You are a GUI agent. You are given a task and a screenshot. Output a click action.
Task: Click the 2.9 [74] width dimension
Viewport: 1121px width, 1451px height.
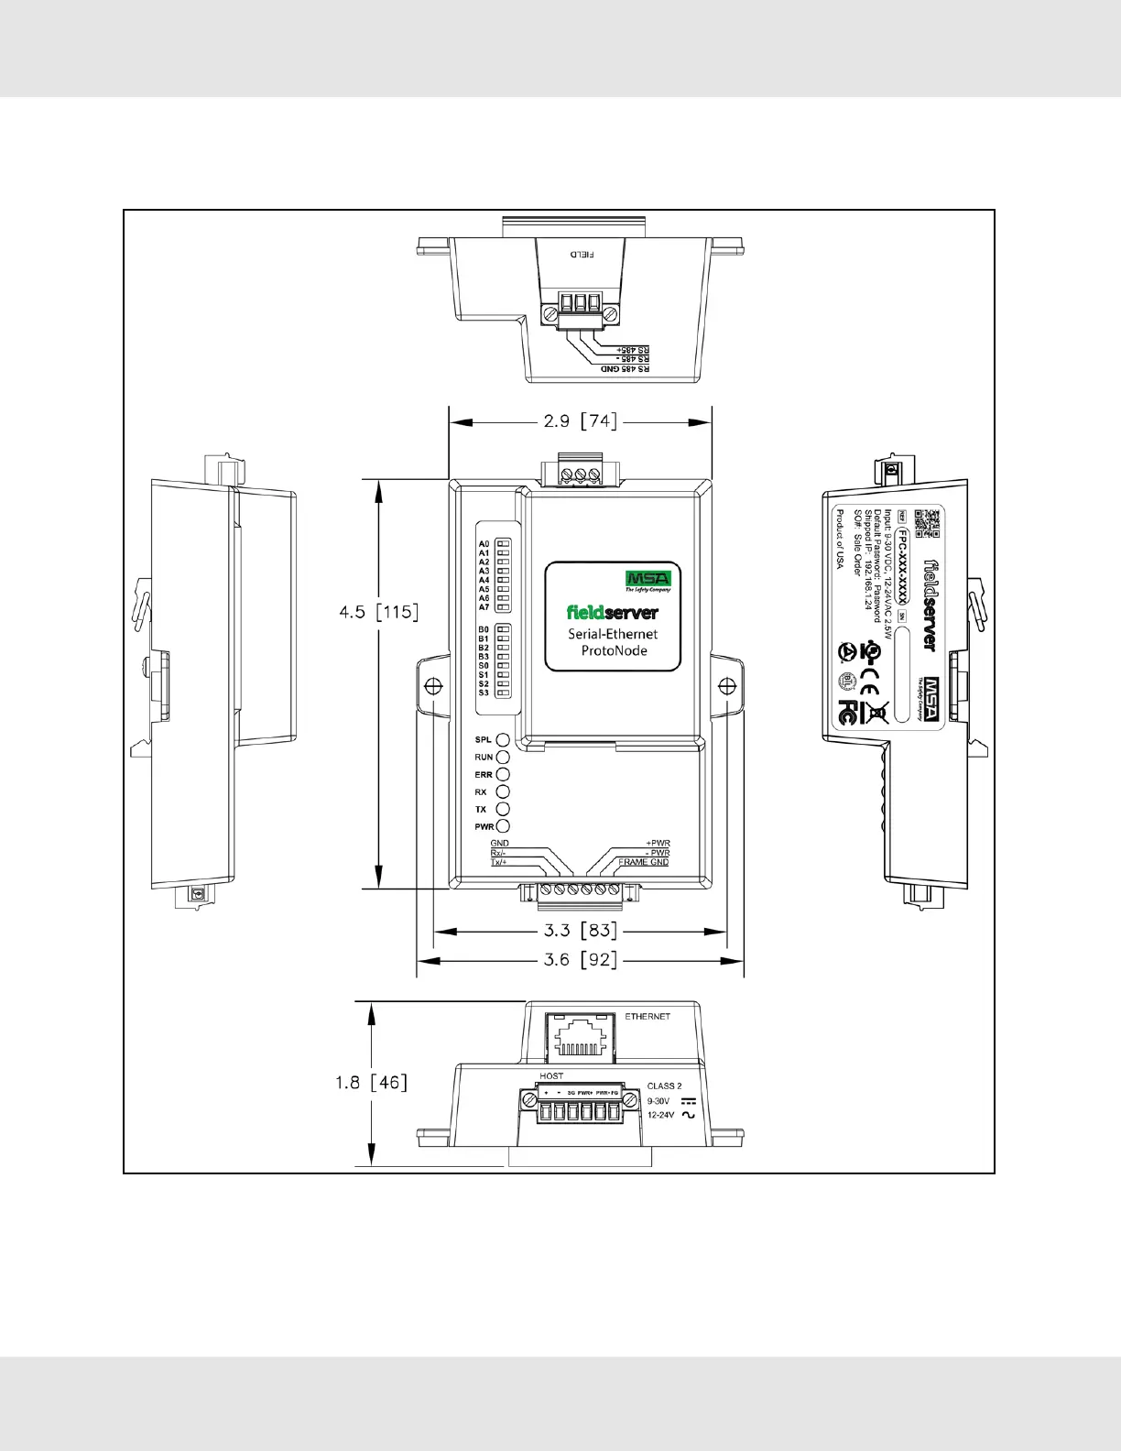[x=581, y=421]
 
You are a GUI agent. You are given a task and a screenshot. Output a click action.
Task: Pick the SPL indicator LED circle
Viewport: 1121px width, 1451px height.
[x=503, y=739]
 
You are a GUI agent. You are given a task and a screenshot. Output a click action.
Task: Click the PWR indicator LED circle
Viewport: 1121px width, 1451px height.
[x=503, y=826]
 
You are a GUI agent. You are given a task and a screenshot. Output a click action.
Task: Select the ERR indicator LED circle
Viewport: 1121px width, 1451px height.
[x=503, y=774]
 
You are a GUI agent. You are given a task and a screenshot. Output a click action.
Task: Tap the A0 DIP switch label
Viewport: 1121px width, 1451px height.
[x=484, y=544]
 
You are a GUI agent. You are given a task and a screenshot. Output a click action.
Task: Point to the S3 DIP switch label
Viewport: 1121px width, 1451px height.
[x=484, y=693]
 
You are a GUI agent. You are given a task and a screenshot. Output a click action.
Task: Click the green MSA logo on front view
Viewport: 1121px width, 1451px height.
[x=648, y=578]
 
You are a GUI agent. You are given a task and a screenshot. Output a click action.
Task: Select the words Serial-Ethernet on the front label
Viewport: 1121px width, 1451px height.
[x=613, y=633]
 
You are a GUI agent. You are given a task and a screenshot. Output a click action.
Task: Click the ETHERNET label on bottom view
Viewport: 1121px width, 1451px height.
[x=648, y=1017]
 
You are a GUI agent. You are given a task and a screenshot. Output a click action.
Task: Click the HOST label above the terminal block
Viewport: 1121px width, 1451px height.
[x=551, y=1075]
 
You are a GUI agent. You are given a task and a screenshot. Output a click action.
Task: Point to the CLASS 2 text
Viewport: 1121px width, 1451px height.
[x=664, y=1086]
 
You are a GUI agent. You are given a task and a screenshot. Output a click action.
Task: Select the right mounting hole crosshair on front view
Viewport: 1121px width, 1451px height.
[x=726, y=685]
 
